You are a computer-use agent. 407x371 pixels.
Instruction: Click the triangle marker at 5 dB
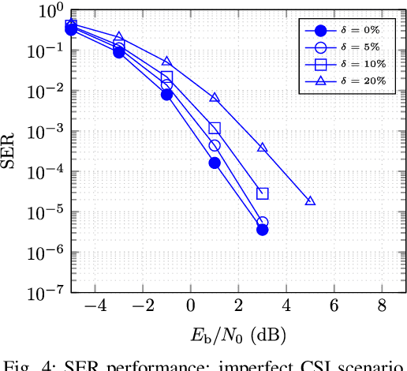click(x=310, y=200)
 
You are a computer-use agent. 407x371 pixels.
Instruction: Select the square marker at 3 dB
click(x=263, y=193)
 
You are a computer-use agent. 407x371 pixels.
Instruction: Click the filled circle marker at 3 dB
click(x=263, y=230)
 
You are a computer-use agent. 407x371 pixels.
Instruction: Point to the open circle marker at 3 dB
click(x=263, y=223)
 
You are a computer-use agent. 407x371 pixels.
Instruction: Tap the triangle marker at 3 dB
click(x=263, y=148)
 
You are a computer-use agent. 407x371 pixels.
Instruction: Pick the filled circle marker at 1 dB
click(x=215, y=163)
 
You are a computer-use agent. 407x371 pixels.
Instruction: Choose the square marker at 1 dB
click(x=215, y=128)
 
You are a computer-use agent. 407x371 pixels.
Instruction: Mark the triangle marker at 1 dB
click(x=215, y=98)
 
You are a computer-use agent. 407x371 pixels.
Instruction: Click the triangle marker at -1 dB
click(x=166, y=61)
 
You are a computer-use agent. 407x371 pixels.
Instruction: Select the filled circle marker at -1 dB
click(x=166, y=95)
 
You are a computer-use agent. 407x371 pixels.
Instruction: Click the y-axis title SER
click(x=10, y=152)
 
